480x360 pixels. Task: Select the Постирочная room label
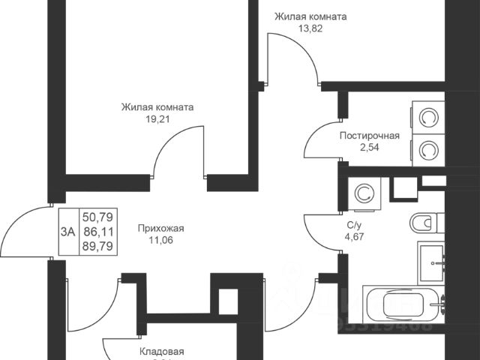[369, 136]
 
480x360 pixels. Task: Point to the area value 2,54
[369, 148]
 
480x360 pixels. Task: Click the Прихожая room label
[160, 229]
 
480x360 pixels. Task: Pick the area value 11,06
[160, 241]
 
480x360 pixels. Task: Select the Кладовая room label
[161, 351]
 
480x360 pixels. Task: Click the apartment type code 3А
[67, 232]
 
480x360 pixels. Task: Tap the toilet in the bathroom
[424, 223]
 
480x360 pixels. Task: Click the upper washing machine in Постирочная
[428, 118]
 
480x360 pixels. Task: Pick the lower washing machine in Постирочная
[428, 150]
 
